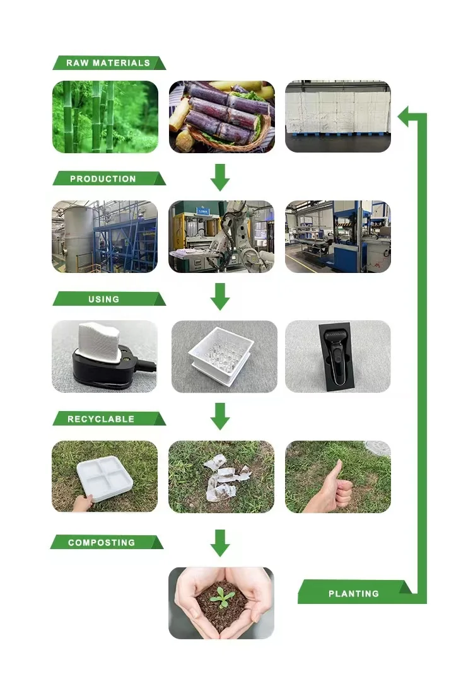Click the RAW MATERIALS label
click(108, 63)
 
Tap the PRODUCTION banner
click(103, 179)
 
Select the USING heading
click(104, 299)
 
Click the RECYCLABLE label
click(101, 419)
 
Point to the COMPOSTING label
click(102, 543)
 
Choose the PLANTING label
click(353, 593)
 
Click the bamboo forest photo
click(105, 117)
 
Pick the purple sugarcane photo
click(221, 117)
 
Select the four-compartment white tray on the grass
click(107, 478)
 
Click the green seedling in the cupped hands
click(221, 595)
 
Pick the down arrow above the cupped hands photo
click(220, 543)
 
